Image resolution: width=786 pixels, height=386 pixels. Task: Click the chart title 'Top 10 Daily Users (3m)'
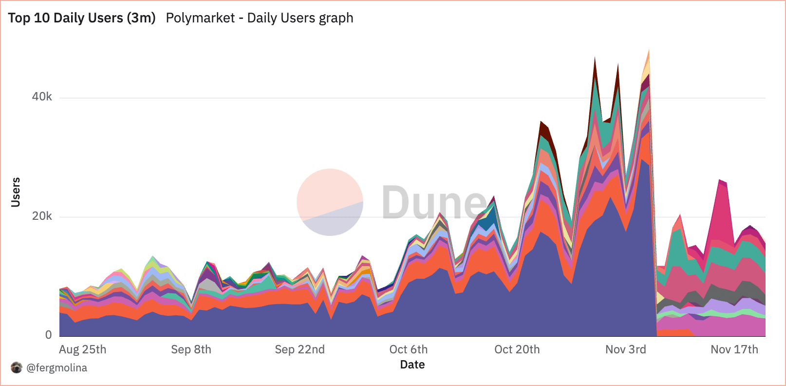click(82, 18)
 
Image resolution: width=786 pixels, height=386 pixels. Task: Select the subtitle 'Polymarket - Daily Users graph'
click(260, 18)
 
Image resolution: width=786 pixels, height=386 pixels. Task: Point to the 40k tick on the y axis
click(42, 97)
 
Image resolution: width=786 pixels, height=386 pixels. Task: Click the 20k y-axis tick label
click(42, 216)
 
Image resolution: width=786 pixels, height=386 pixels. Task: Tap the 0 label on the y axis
click(48, 335)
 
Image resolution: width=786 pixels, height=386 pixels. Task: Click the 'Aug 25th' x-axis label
click(83, 349)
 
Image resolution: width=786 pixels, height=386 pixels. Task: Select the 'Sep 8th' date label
click(191, 349)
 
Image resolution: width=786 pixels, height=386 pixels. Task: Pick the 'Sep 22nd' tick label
click(299, 349)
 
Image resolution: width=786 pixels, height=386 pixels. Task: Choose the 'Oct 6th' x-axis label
click(408, 349)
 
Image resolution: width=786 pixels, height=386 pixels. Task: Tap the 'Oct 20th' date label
click(517, 349)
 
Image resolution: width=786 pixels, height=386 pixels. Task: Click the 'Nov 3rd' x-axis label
click(625, 349)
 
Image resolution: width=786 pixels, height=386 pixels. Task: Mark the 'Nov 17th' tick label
click(734, 349)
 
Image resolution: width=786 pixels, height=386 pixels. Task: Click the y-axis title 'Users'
click(16, 192)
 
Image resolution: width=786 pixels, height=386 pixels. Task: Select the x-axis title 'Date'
click(412, 365)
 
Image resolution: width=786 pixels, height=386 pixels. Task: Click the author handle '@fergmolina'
click(56, 368)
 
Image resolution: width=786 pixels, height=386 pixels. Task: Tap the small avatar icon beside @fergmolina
click(17, 367)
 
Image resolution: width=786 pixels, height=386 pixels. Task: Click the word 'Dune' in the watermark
click(433, 202)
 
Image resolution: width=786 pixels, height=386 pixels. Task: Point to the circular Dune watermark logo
click(330, 202)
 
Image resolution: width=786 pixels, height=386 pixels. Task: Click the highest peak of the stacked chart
click(649, 50)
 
